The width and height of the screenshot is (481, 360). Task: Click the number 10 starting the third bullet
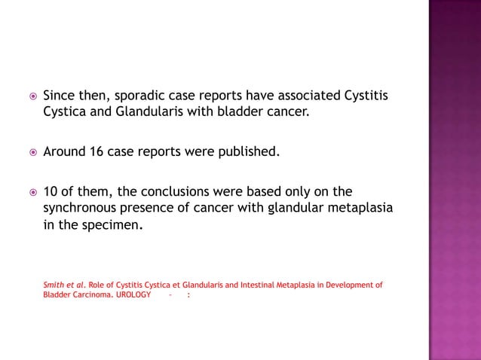tap(51, 191)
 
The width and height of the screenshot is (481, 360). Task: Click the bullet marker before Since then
tap(32, 97)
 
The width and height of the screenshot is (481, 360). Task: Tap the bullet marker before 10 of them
tap(32, 192)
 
